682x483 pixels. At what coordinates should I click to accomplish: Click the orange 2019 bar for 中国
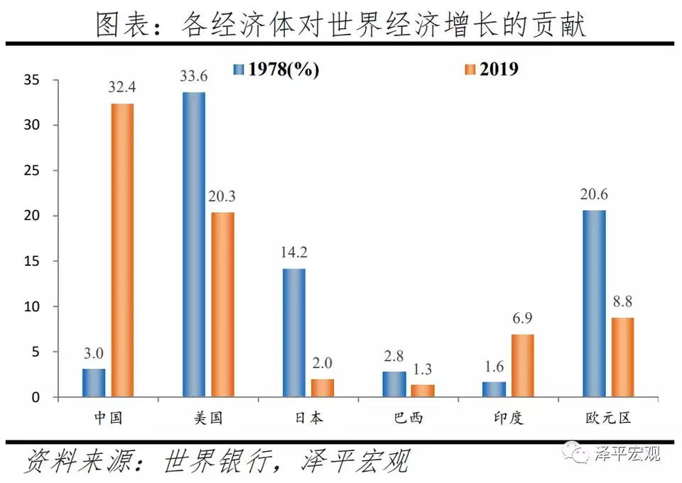122,250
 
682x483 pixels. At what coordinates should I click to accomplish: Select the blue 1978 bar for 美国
194,244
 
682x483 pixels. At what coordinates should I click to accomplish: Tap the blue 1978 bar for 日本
294,332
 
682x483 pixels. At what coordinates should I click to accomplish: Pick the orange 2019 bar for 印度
522,365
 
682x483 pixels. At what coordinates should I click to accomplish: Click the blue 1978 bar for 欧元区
594,303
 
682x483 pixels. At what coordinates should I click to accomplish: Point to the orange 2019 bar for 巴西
423,390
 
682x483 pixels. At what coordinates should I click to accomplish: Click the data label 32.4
122,90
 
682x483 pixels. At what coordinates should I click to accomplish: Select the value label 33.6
194,78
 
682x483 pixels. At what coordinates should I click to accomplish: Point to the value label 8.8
622,301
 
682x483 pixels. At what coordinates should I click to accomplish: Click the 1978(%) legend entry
277,69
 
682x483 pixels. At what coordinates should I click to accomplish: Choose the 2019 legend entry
491,69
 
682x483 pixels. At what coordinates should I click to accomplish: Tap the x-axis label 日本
308,417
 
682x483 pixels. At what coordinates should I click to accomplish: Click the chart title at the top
341,23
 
